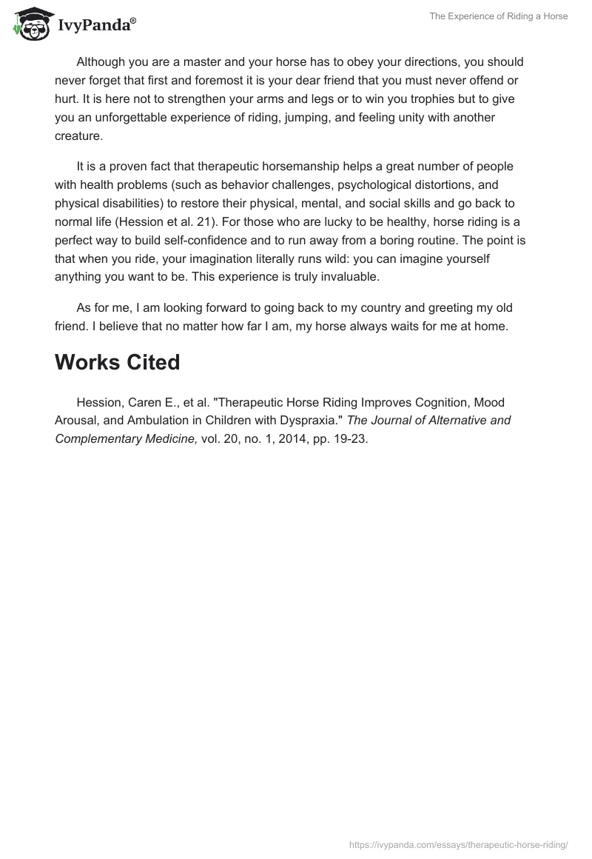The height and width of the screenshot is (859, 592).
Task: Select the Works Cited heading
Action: (x=117, y=362)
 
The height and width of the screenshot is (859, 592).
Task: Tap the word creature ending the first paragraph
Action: (x=78, y=136)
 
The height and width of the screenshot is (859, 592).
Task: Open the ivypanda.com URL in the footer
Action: (x=459, y=844)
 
